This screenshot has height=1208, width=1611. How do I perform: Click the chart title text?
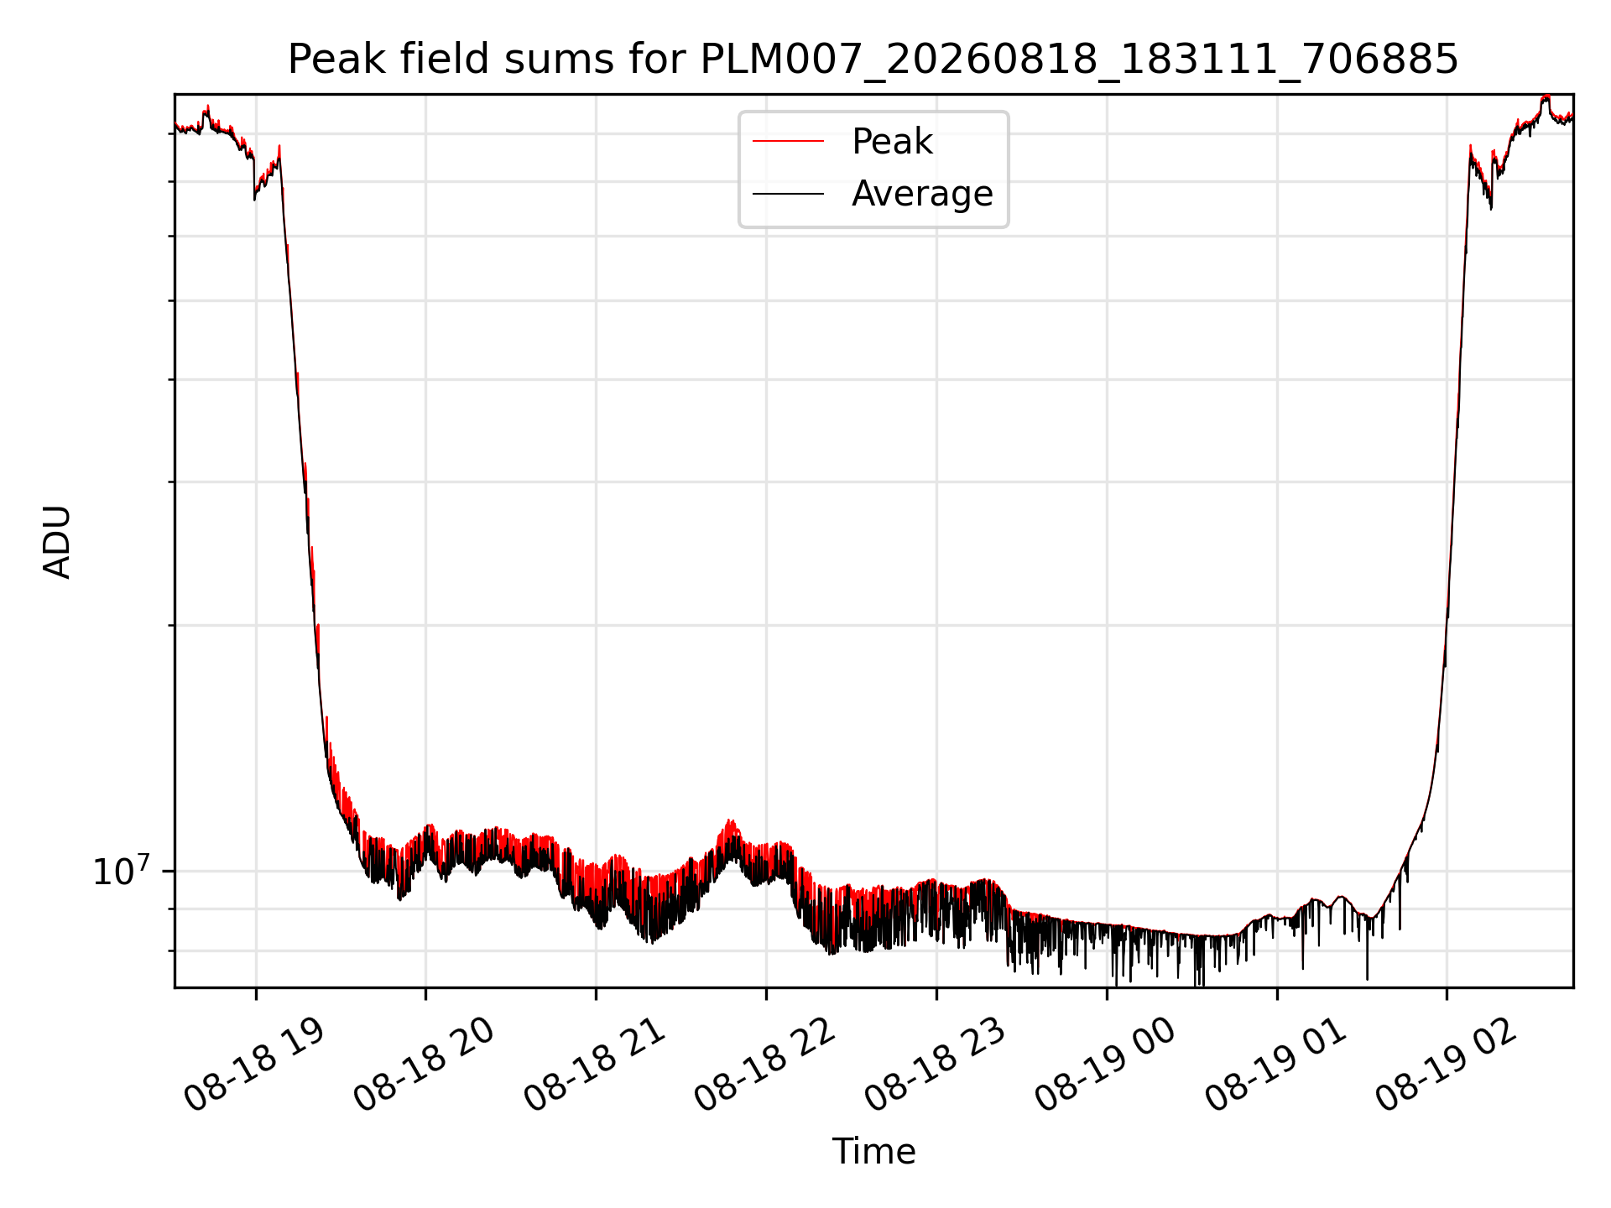click(873, 60)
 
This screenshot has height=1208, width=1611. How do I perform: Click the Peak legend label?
click(892, 142)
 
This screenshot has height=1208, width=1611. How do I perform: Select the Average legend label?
click(922, 194)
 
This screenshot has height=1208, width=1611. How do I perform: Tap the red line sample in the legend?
click(788, 142)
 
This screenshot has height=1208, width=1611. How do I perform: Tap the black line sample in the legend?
click(788, 194)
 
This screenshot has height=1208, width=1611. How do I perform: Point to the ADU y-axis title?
click(57, 542)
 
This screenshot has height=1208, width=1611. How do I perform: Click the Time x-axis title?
click(873, 1152)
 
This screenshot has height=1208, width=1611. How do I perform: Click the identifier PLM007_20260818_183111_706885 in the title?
click(1079, 60)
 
